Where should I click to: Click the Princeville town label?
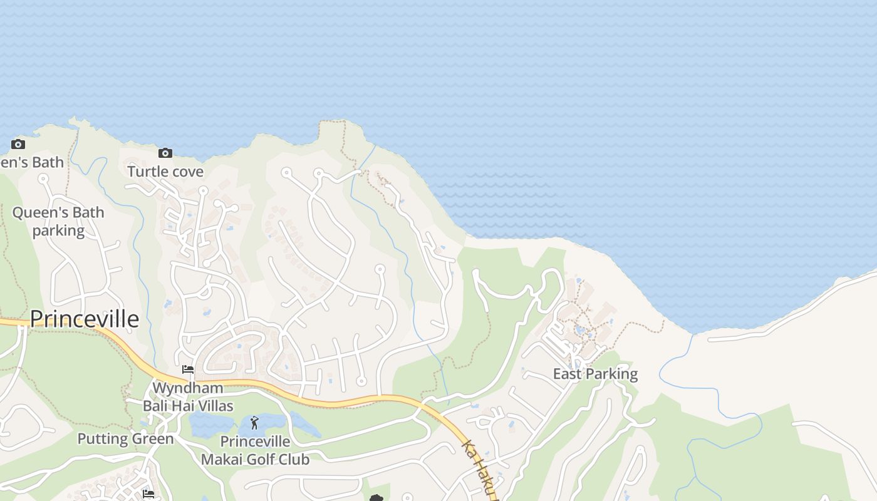click(85, 319)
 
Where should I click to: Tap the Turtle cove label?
click(165, 171)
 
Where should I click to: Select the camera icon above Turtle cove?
click(165, 153)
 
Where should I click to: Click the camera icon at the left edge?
click(18, 144)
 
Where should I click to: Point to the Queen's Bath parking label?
click(58, 221)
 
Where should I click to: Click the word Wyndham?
click(188, 388)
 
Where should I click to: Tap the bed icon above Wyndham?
click(187, 369)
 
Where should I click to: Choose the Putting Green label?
click(125, 438)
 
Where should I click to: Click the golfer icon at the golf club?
click(254, 423)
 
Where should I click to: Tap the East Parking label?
click(595, 374)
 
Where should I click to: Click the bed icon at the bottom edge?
click(148, 493)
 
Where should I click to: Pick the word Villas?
click(214, 405)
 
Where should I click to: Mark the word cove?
click(187, 171)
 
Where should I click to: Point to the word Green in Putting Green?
click(152, 438)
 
